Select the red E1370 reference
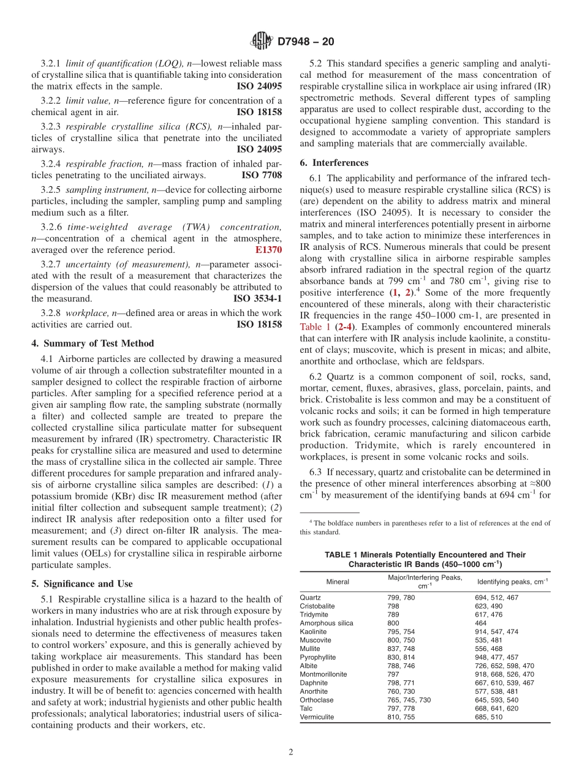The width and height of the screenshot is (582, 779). click(x=268, y=250)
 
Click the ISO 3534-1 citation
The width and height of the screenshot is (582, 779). click(x=258, y=298)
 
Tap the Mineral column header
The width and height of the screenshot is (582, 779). click(x=338, y=581)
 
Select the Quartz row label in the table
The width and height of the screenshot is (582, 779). click(x=310, y=597)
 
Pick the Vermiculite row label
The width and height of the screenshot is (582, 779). click(x=317, y=717)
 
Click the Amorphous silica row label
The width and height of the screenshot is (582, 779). click(x=326, y=623)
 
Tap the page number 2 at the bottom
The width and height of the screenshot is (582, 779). click(x=291, y=753)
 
